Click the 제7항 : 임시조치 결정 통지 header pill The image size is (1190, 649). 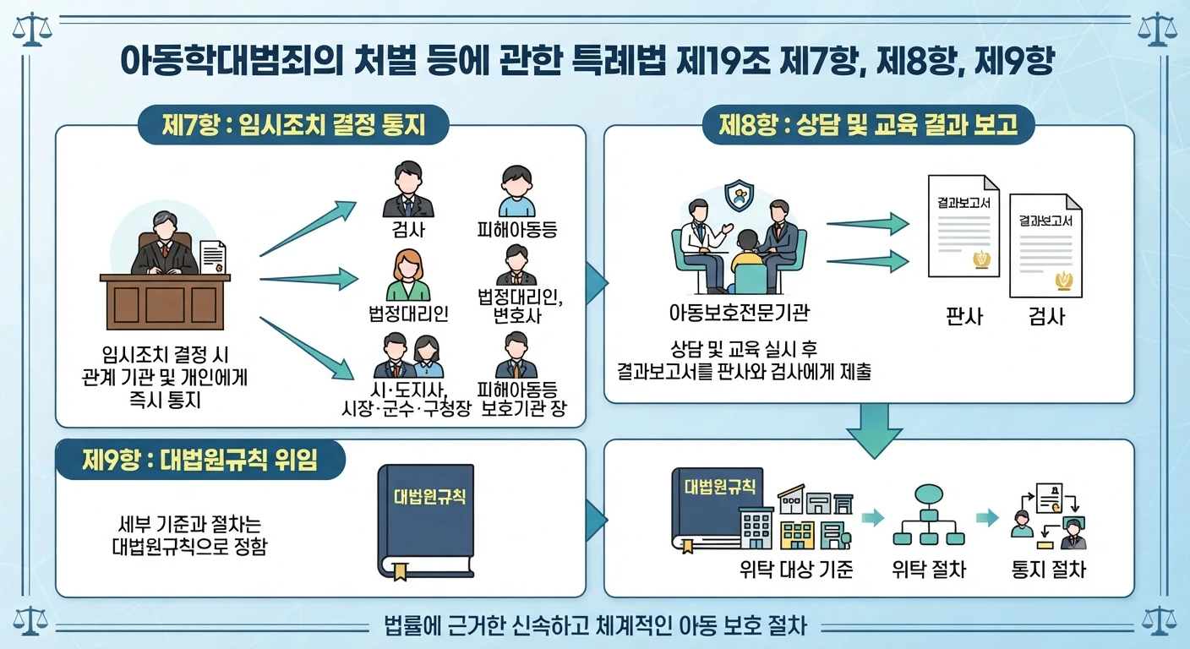293,125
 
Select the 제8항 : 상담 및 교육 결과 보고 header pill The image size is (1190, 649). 868,125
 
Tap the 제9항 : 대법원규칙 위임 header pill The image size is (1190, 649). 200,460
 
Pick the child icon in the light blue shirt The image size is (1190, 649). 516,191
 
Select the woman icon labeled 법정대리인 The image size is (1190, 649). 408,275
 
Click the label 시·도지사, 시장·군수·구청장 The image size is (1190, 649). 407,399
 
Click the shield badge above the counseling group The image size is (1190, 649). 740,195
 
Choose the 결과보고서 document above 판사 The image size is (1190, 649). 963,226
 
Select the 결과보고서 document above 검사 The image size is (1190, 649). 1045,245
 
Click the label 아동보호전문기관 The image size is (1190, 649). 739,313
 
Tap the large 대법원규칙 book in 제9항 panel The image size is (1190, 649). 426,521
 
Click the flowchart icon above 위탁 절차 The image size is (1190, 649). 929,515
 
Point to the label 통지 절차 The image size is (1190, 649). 1049,570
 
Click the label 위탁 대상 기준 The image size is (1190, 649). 796,570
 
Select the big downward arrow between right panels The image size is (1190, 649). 875,430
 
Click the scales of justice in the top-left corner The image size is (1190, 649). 32,30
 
